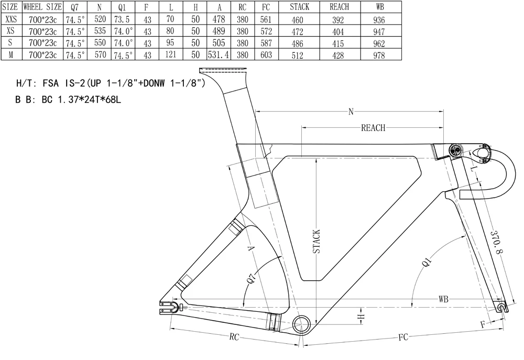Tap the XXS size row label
point(10,19)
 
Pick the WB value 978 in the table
point(380,56)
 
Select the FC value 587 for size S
point(266,43)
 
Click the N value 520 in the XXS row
point(99,20)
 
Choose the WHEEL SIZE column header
point(41,7)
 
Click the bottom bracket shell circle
point(302,324)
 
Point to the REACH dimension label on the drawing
point(373,128)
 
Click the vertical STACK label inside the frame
point(316,242)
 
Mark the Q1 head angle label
point(427,260)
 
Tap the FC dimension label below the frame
point(402,337)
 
